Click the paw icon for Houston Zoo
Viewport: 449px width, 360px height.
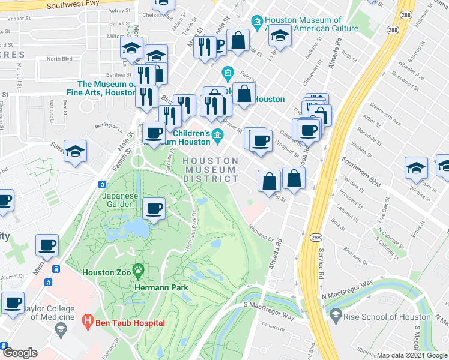pos(139,271)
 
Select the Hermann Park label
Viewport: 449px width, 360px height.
pos(164,287)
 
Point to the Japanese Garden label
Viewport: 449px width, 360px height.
pos(121,200)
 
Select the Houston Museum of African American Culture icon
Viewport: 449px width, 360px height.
pos(257,24)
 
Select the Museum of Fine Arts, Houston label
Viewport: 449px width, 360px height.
pos(106,89)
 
